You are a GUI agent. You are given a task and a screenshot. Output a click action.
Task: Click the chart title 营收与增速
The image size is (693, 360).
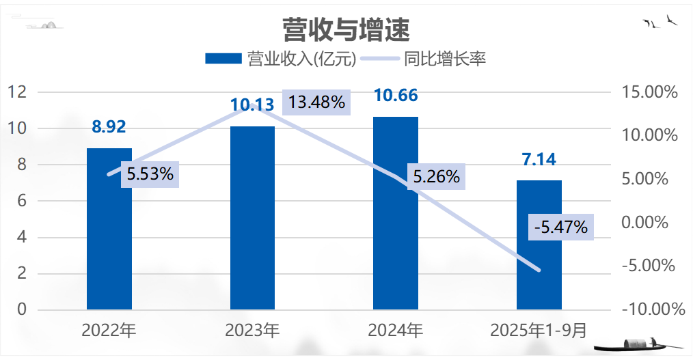[346, 29]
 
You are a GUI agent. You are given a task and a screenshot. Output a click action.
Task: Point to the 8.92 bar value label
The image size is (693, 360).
[109, 126]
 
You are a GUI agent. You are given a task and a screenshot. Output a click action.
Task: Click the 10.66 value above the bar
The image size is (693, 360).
[396, 95]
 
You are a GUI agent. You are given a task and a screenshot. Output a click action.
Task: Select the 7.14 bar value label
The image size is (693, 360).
[539, 160]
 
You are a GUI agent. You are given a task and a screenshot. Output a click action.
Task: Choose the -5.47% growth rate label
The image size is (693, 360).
[561, 227]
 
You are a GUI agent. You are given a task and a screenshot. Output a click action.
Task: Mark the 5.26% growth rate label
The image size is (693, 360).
[436, 177]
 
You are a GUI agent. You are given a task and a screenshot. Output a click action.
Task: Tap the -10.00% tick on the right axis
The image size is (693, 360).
[651, 310]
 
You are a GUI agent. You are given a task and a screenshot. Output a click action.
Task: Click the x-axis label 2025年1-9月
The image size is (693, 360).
[539, 331]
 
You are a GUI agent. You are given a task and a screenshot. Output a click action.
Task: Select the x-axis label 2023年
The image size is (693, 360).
[252, 331]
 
